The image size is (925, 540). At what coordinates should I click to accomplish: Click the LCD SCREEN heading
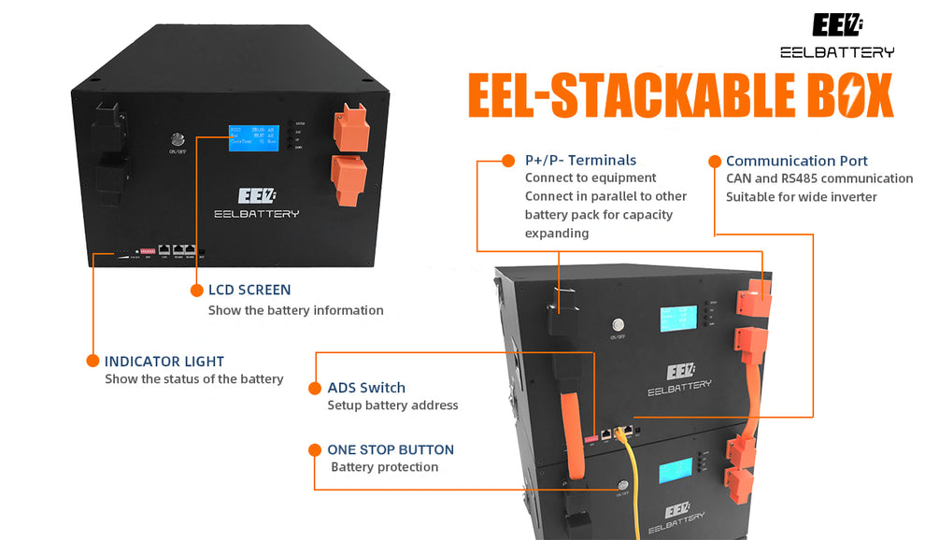249,291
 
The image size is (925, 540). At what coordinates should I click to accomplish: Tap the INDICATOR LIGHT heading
164,361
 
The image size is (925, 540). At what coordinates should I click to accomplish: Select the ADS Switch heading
366,388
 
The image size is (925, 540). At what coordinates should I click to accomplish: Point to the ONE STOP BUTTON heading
391,450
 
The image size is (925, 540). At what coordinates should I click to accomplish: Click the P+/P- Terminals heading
580,161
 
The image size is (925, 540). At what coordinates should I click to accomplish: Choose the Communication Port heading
796,161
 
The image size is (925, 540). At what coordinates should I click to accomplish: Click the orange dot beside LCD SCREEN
197,291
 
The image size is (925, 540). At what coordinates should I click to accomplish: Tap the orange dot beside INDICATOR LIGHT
92,361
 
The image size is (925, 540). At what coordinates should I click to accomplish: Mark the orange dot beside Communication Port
715,161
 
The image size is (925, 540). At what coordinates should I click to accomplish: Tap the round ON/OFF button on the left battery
175,137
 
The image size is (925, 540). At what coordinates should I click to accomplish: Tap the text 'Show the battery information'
295,310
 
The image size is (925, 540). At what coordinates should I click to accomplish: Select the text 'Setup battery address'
392,405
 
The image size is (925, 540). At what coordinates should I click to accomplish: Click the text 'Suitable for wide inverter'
802,196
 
